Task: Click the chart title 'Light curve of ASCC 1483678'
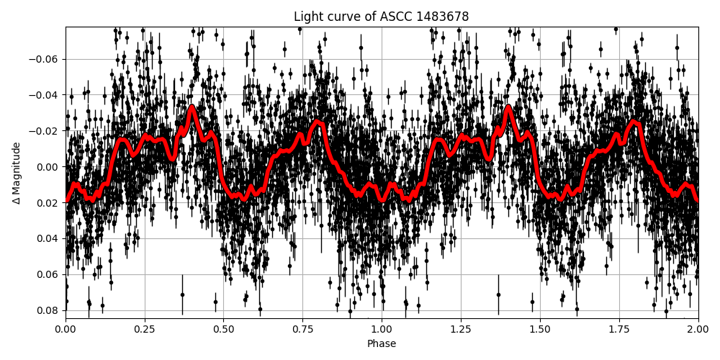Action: pyautogui.click(x=381, y=17)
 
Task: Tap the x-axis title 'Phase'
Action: pyautogui.click(x=381, y=344)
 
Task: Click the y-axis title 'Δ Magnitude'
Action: pyautogui.click(x=17, y=173)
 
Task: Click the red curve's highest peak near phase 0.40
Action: pyautogui.click(x=192, y=107)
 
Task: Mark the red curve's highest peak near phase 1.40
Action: pyautogui.click(x=508, y=107)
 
